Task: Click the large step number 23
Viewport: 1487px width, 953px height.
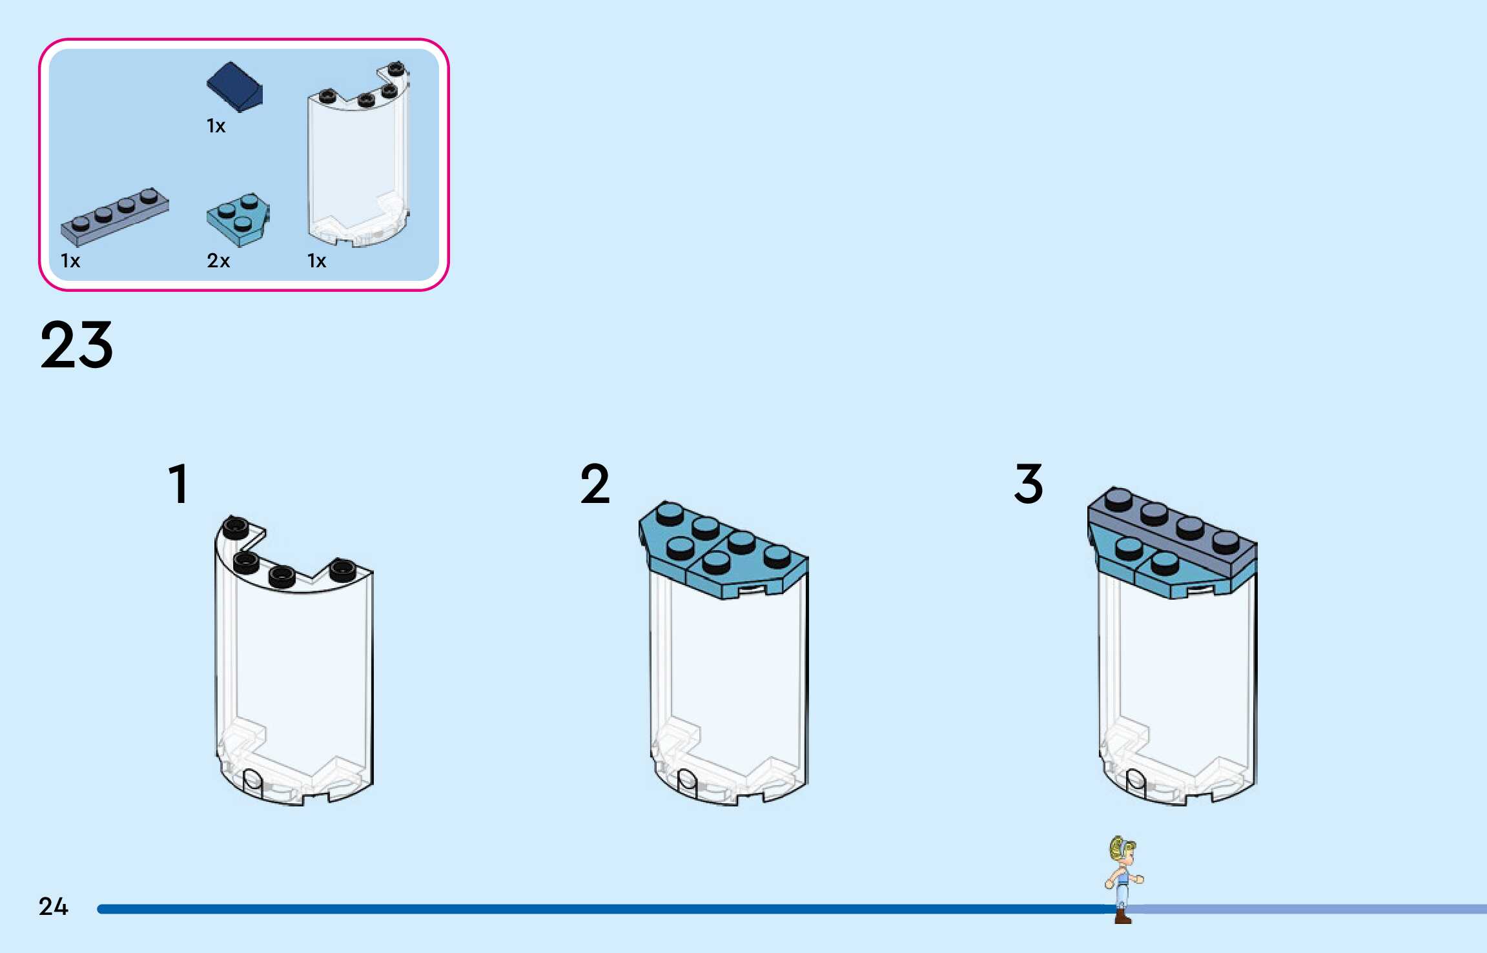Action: point(76,345)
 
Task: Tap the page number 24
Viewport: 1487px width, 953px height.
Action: point(53,907)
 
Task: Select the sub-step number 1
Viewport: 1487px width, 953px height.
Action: point(178,484)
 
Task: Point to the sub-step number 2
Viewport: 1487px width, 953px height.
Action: point(595,484)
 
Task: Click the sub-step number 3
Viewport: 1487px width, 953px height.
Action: point(1029,484)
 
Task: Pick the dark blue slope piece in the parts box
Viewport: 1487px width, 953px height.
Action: point(234,87)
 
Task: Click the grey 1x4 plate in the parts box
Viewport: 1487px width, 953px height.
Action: point(115,216)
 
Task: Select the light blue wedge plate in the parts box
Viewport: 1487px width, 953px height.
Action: point(238,219)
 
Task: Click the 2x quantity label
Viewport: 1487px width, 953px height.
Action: point(218,261)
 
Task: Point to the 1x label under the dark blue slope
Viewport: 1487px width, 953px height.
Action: point(216,126)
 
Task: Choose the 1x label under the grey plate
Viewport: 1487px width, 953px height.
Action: point(70,261)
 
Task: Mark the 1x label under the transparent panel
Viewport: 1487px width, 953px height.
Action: point(316,261)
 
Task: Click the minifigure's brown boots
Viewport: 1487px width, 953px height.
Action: point(1123,916)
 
